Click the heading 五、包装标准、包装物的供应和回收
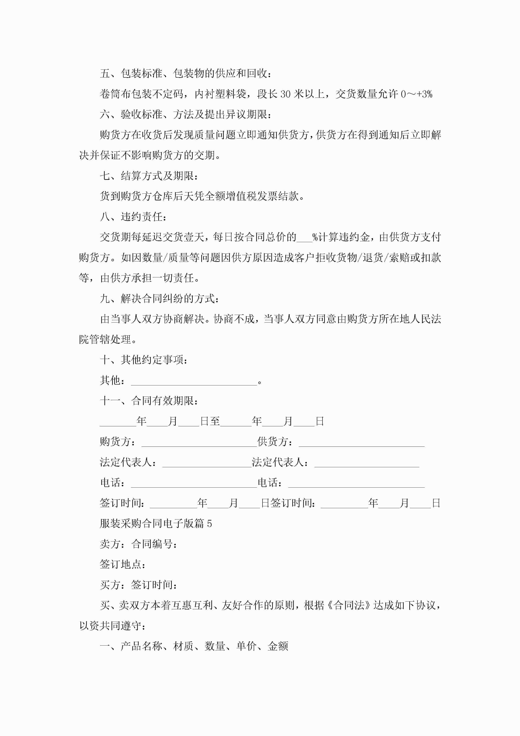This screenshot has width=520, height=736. (186, 74)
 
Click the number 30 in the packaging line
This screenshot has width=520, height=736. (285, 94)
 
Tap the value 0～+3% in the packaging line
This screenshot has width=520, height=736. (416, 94)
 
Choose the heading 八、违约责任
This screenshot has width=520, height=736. (133, 217)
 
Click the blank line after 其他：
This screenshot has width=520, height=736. (194, 381)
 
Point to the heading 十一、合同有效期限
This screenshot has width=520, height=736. (149, 401)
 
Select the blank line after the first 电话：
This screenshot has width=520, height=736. (194, 483)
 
